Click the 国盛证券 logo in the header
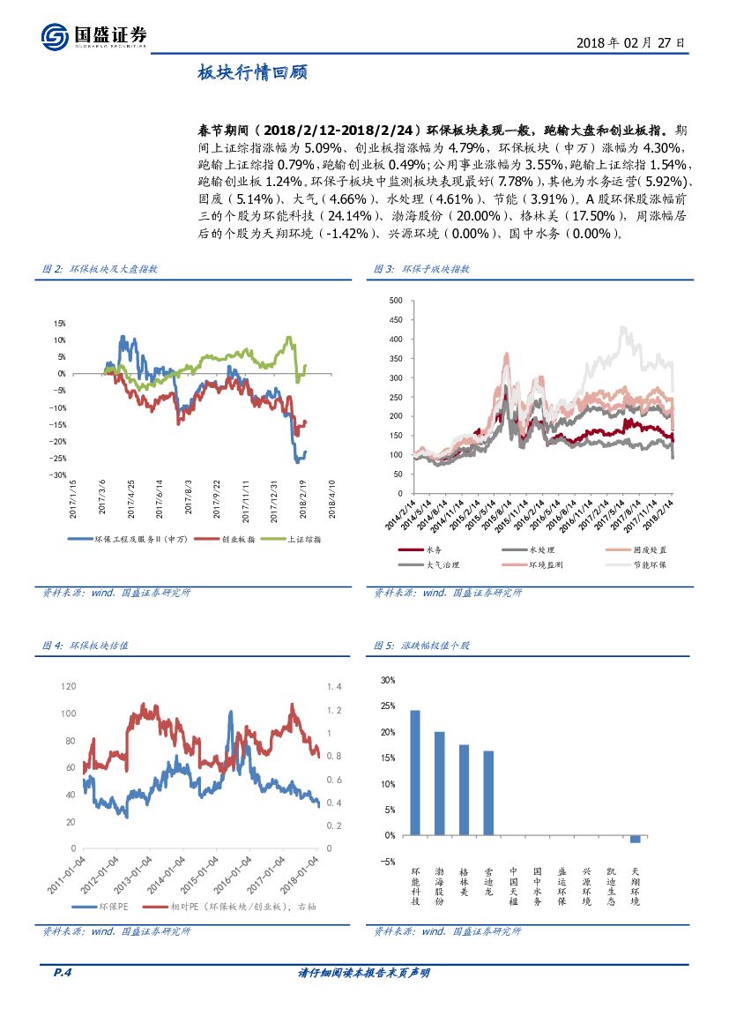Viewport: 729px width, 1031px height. coord(94,36)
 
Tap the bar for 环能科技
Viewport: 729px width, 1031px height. coord(415,772)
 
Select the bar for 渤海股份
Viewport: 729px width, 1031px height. coord(439,782)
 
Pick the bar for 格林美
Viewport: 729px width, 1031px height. coord(464,789)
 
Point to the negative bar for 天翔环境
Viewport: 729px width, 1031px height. coord(635,839)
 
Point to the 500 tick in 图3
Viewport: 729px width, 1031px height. coord(395,301)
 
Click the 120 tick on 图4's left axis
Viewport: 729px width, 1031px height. coord(69,686)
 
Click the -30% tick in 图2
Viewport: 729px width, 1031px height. coord(59,474)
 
